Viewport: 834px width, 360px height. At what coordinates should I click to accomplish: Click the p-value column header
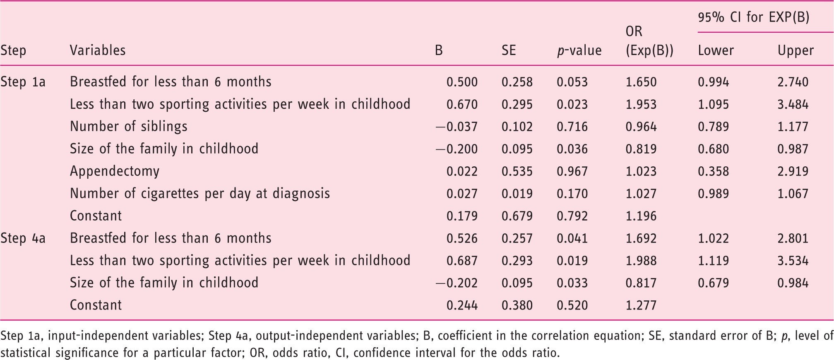pyautogui.click(x=579, y=50)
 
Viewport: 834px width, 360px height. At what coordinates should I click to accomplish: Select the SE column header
pyautogui.click(x=509, y=50)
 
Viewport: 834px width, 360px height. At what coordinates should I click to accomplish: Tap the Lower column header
pyautogui.click(x=716, y=50)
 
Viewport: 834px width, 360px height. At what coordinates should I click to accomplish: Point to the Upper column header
pyautogui.click(x=796, y=51)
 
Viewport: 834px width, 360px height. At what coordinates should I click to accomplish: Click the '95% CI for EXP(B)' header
pyautogui.click(x=754, y=17)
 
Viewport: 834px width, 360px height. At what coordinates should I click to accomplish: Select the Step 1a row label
pyautogui.click(x=23, y=82)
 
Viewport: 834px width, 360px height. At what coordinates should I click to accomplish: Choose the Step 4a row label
pyautogui.click(x=23, y=238)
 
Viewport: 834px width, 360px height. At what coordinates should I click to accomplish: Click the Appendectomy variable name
pyautogui.click(x=115, y=172)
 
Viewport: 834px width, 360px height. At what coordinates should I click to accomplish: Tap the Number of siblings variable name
pyautogui.click(x=129, y=127)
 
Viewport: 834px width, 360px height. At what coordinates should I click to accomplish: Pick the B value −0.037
pyautogui.click(x=457, y=127)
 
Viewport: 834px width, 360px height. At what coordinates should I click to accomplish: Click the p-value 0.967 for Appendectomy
pyautogui.click(x=572, y=171)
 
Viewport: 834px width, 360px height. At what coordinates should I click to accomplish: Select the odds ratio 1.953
pyautogui.click(x=641, y=104)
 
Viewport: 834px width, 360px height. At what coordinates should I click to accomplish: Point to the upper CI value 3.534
pyautogui.click(x=793, y=261)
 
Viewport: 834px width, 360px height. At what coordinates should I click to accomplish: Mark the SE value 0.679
pyautogui.click(x=517, y=216)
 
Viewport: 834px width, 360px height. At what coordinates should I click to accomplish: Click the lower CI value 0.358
pyautogui.click(x=714, y=171)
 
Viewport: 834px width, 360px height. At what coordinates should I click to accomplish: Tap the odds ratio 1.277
pyautogui.click(x=641, y=305)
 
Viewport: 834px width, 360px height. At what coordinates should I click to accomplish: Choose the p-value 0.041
pyautogui.click(x=572, y=238)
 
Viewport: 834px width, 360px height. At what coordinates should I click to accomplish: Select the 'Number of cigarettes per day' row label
pyautogui.click(x=200, y=194)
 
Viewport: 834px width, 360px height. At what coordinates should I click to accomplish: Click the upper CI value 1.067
pyautogui.click(x=793, y=194)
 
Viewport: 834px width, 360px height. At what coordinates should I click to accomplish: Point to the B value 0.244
pyautogui.click(x=462, y=305)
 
